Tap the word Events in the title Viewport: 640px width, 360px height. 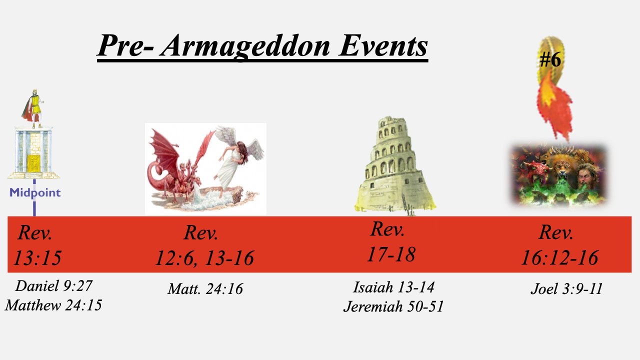tap(383, 45)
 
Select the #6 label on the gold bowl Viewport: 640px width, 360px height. tap(550, 59)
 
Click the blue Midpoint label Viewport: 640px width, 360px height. tap(35, 193)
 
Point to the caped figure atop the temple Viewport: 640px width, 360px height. tap(33, 108)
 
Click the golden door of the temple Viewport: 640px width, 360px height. tap(34, 163)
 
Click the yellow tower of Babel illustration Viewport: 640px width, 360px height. tap(394, 165)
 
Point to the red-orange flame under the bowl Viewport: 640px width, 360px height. tap(554, 105)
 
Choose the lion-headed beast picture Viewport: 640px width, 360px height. tap(558, 175)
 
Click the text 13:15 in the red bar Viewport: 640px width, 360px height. tap(37, 258)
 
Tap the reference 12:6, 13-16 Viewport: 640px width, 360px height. tap(204, 258)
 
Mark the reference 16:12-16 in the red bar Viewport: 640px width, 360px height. tap(559, 257)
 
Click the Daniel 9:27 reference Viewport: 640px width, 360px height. tap(53, 286)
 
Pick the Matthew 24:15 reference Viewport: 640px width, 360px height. tap(53, 305)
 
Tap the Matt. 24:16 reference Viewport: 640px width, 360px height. tap(205, 288)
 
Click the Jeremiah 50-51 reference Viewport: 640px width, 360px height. tap(393, 306)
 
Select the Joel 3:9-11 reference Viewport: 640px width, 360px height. tap(566, 288)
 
